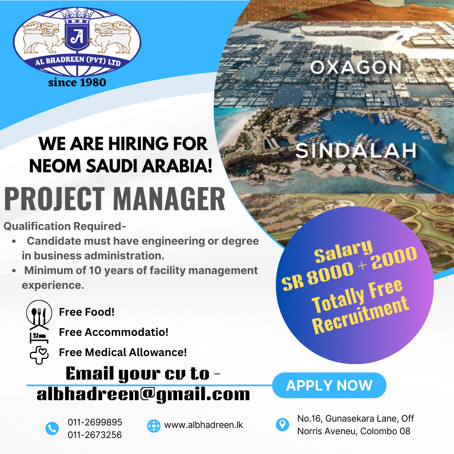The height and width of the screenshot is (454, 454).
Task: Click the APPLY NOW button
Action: pos(329,385)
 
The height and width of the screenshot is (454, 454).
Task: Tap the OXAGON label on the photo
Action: pos(356,67)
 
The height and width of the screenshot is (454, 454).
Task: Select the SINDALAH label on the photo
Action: pos(356,150)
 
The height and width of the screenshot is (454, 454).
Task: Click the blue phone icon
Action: pos(52,428)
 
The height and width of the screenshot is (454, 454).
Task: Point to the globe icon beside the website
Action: pos(154,426)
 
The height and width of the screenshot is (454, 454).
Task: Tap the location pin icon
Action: pos(282,425)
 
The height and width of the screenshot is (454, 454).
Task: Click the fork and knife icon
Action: pos(39,314)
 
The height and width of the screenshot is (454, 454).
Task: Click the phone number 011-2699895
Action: pos(95,422)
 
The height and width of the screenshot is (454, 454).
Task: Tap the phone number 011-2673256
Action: pos(95,435)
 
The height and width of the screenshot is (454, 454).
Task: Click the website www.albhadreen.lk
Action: pos(203,425)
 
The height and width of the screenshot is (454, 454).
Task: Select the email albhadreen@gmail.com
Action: pos(143,395)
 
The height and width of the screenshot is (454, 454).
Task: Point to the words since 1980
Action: pos(77,82)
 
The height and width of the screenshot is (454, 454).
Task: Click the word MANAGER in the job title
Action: pos(169,199)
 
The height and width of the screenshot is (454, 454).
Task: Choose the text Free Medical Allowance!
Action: pos(123,352)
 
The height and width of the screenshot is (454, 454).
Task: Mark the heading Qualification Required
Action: pos(65,226)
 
